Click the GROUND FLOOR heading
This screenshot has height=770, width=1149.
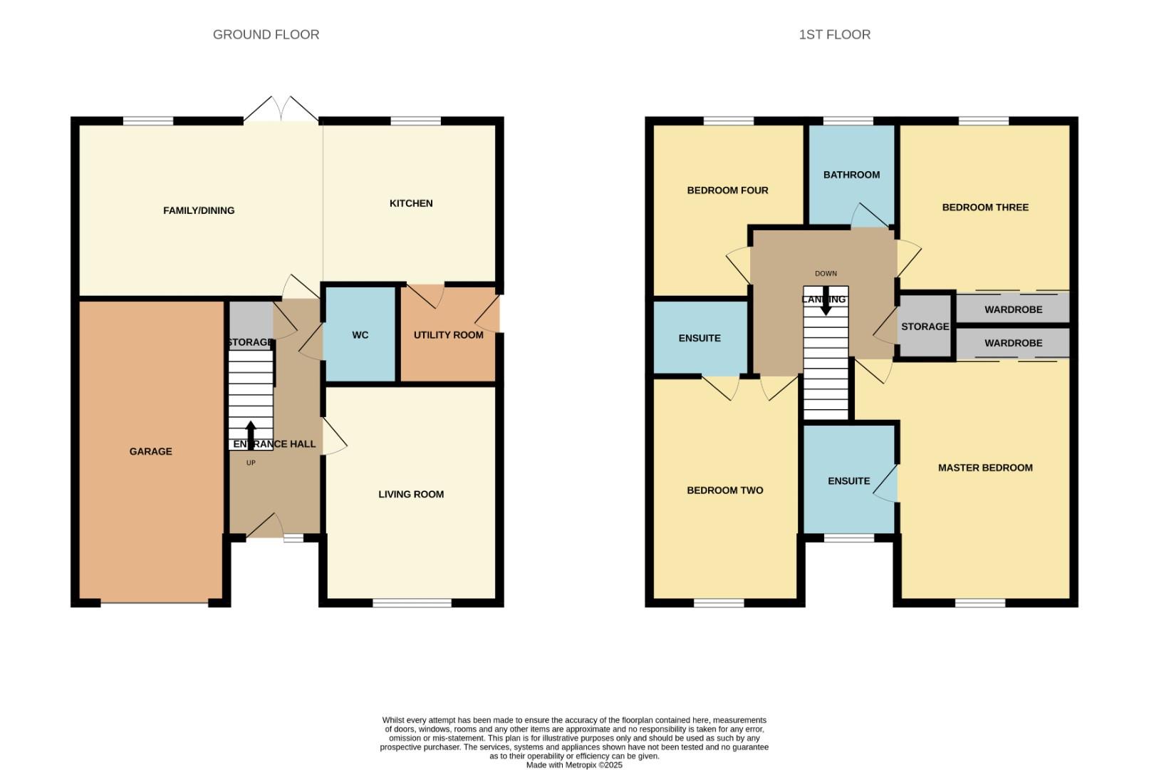(x=266, y=34)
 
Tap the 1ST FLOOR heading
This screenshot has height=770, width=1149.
(x=834, y=34)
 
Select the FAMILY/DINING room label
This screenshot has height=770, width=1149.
(x=199, y=210)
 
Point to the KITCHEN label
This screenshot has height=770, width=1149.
(x=411, y=203)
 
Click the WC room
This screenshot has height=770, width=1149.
(x=360, y=334)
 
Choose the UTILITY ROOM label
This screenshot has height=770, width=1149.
(x=448, y=334)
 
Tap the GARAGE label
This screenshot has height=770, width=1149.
(x=150, y=451)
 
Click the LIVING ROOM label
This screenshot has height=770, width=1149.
(x=411, y=494)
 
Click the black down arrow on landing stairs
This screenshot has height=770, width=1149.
(x=826, y=304)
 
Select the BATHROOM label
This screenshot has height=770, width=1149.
(x=851, y=175)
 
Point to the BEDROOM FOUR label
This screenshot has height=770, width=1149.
(x=727, y=190)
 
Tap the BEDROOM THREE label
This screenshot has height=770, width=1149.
(x=985, y=207)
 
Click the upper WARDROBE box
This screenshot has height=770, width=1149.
(x=1013, y=309)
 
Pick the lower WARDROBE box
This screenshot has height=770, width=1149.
(x=1013, y=343)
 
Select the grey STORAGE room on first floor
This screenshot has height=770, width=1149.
(x=925, y=327)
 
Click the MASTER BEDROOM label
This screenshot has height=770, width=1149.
(x=985, y=468)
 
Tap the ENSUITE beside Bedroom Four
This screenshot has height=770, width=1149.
(x=700, y=338)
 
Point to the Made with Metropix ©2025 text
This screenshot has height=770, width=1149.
(x=574, y=765)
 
